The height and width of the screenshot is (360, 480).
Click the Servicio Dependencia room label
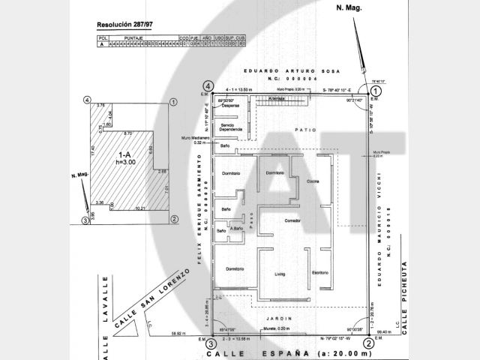[x=231, y=127]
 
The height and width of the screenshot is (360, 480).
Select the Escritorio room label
[x=321, y=272]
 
